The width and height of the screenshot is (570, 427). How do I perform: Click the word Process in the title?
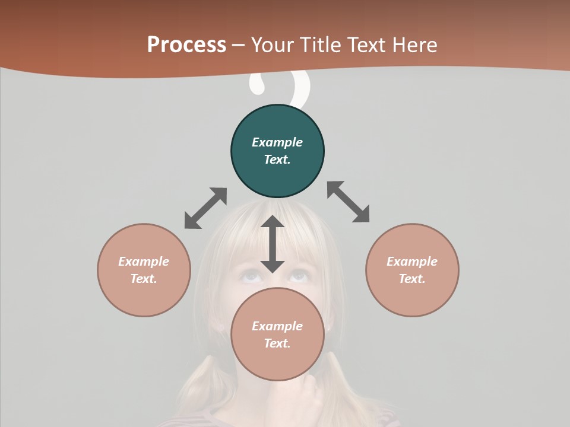[x=186, y=45]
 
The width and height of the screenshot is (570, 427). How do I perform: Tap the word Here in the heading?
[x=414, y=45]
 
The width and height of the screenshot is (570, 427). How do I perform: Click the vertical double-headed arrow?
[x=273, y=244]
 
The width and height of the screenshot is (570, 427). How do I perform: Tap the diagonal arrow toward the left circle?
[x=205, y=208]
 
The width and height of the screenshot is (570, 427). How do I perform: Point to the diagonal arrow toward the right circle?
[x=349, y=202]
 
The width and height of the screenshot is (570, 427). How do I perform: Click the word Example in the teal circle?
[x=277, y=142]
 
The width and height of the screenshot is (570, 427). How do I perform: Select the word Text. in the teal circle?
[x=277, y=160]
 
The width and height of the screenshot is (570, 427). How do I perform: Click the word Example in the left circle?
[x=144, y=262]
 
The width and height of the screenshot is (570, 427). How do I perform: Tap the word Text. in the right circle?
[x=412, y=279]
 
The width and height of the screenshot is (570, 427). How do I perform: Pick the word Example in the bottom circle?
[x=277, y=326]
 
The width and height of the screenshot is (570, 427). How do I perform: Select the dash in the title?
[x=239, y=45]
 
